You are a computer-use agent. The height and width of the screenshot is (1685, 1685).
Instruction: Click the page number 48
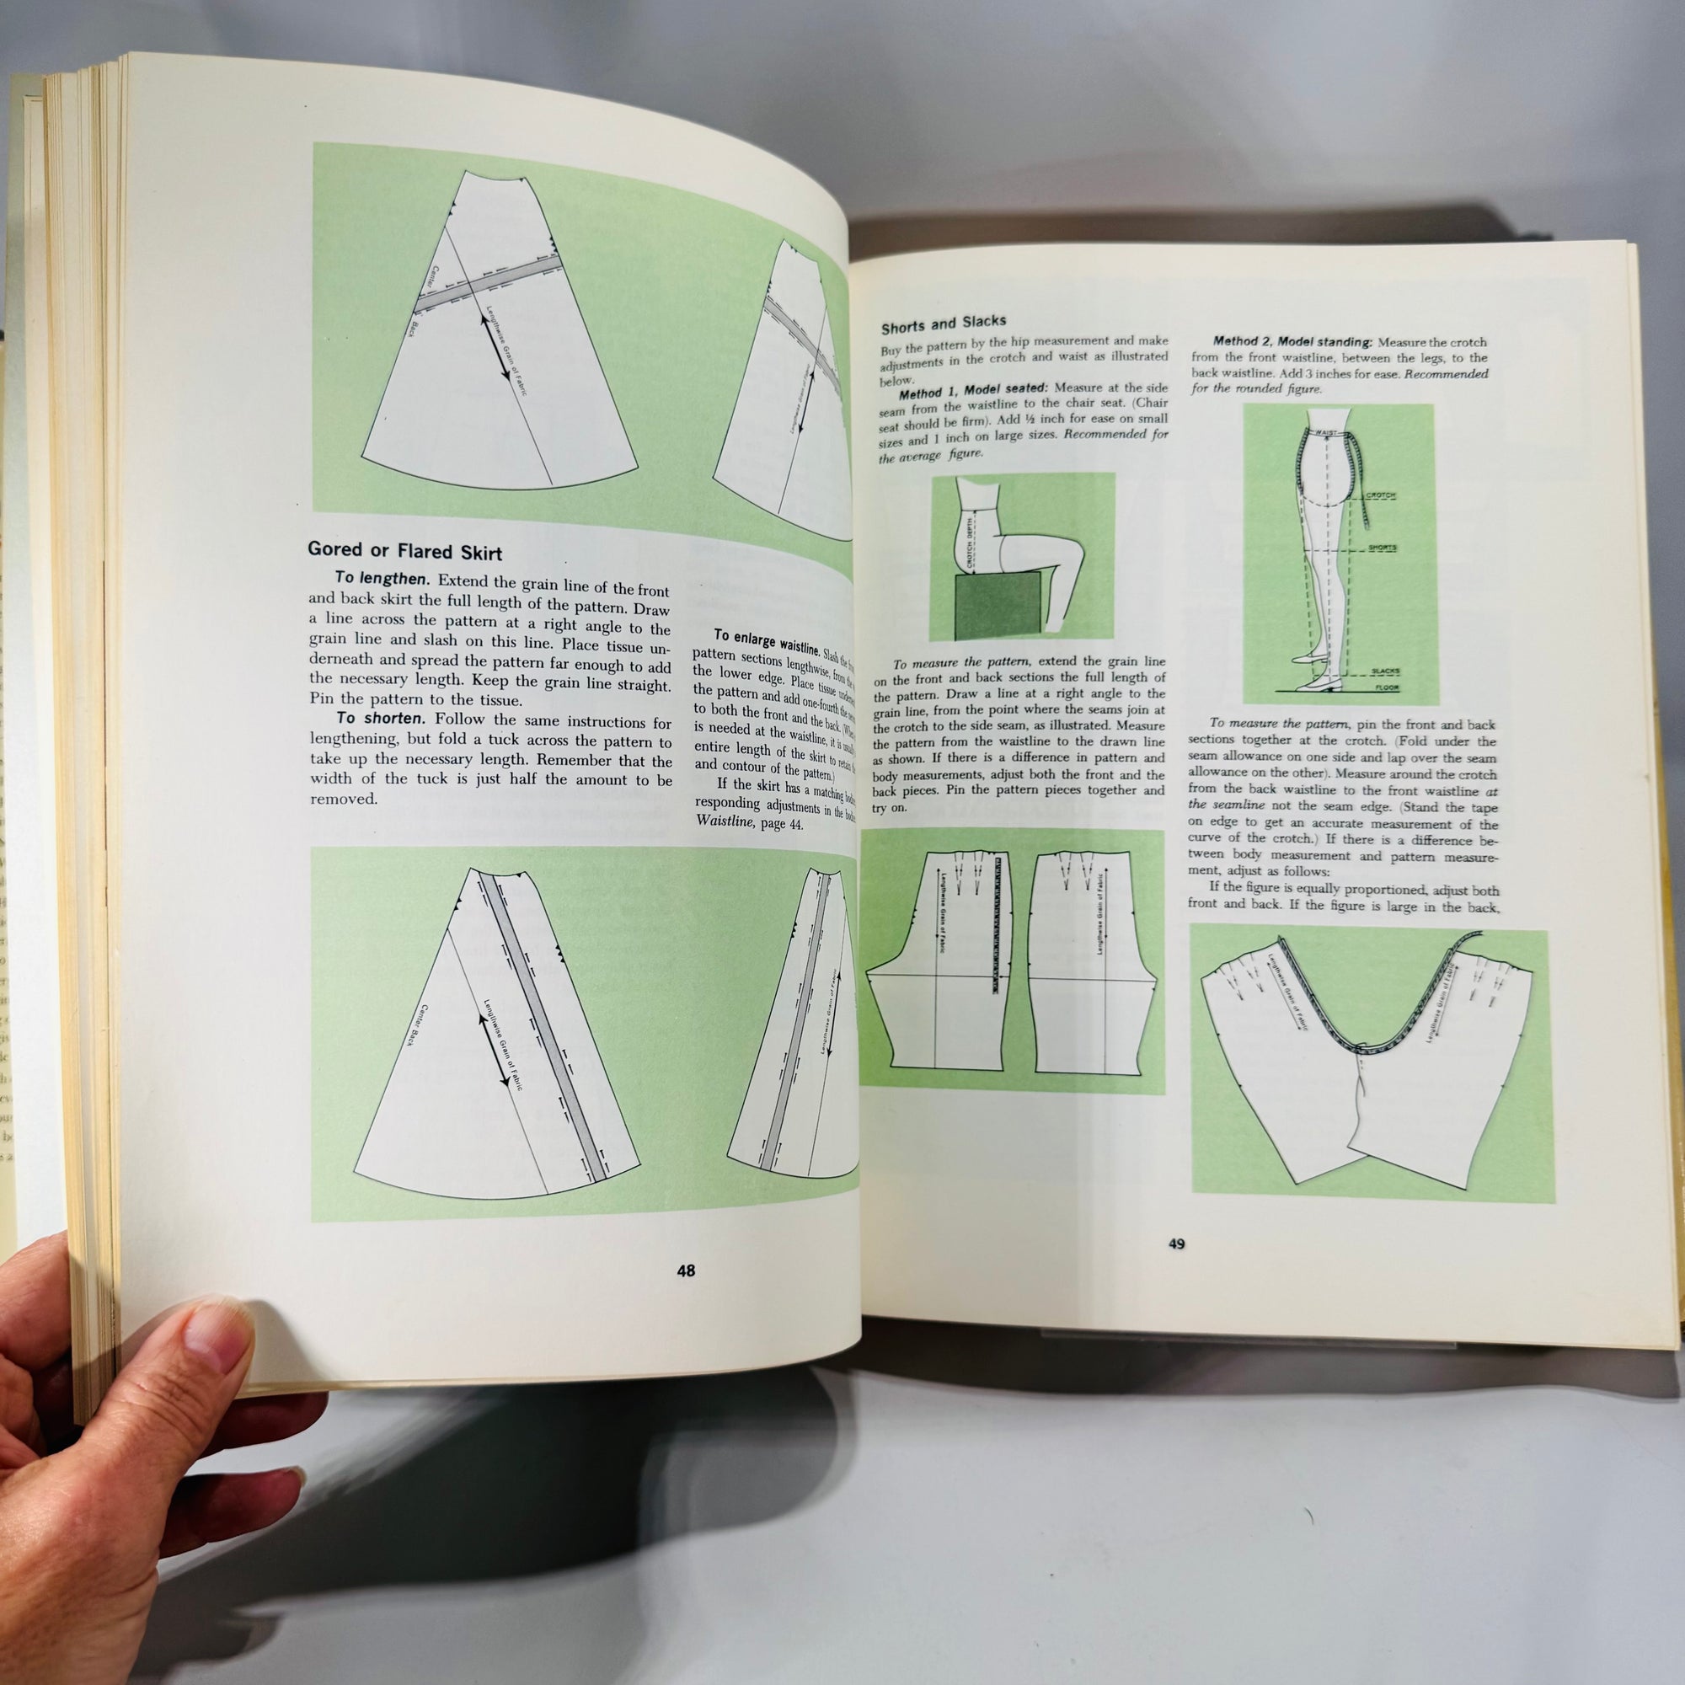click(x=686, y=1270)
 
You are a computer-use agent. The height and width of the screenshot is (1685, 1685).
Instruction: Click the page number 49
click(x=1175, y=1244)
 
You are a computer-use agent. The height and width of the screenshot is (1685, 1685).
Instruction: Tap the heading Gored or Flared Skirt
click(x=404, y=550)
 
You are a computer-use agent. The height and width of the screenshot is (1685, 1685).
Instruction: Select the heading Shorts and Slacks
click(x=943, y=324)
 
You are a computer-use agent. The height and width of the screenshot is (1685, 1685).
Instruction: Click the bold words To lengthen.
click(x=382, y=578)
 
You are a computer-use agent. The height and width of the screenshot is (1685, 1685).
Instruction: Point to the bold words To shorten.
click(x=380, y=719)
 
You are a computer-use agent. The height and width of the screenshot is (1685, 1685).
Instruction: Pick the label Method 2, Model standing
click(x=1292, y=342)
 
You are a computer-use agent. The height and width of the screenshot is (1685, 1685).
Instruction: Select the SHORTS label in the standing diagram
click(x=1382, y=548)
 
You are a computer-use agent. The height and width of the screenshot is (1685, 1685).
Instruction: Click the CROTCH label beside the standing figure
click(x=1380, y=495)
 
